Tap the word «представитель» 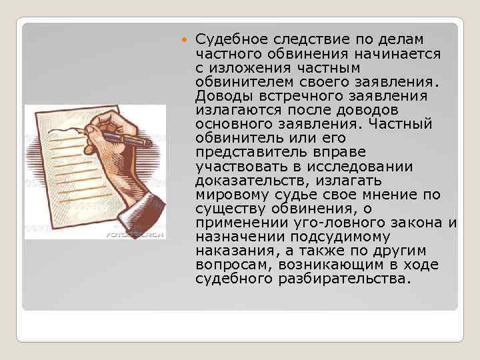point(251,152)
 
